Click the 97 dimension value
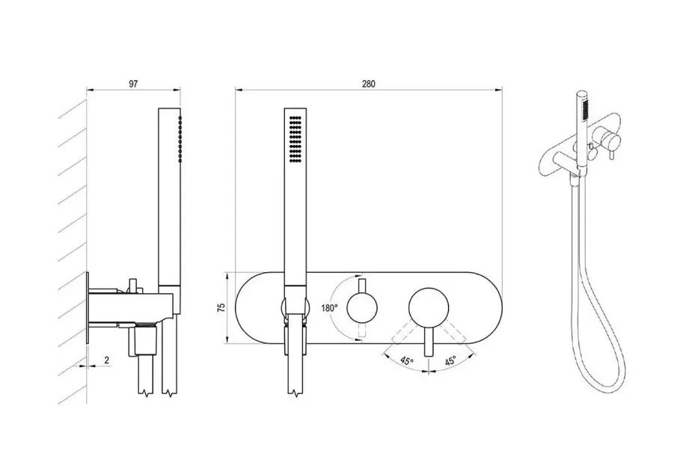[x=133, y=84]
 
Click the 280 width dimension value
[x=368, y=84]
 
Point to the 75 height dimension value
[x=221, y=307]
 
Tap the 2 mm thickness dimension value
[x=107, y=360]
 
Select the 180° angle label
[x=329, y=308]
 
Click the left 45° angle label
[x=406, y=360]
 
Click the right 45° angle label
[x=450, y=360]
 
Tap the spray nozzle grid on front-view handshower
[x=296, y=139]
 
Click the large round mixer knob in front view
[x=429, y=308]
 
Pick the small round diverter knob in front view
[x=362, y=307]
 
